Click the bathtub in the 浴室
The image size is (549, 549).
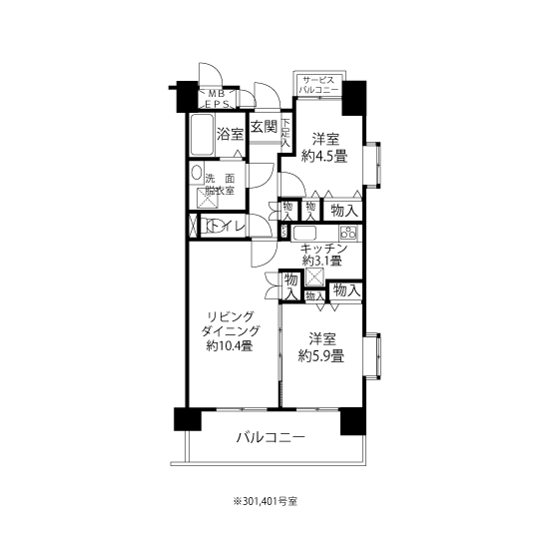[x=202, y=135]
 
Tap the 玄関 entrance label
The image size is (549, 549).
[x=264, y=127]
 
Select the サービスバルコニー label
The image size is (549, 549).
[x=318, y=84]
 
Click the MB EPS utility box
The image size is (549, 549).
[x=217, y=99]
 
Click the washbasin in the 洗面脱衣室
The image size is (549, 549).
[x=197, y=173]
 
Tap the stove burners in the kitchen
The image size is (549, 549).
[x=348, y=233]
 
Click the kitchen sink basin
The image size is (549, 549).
[x=304, y=233]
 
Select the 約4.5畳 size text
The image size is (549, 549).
[x=324, y=156]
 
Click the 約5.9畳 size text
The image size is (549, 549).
[x=320, y=356]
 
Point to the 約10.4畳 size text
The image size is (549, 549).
[x=230, y=346]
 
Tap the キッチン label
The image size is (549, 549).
[x=323, y=249]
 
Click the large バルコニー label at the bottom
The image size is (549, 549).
[x=271, y=437]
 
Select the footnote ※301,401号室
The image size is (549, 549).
[x=266, y=501]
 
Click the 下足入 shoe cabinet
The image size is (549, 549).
[x=286, y=132]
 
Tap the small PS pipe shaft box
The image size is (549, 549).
[x=284, y=232]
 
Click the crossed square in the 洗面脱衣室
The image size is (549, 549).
[x=208, y=199]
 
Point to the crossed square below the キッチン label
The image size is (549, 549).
[x=314, y=276]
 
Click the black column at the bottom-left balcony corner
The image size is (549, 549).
[x=188, y=419]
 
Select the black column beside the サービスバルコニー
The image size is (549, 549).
[x=354, y=98]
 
